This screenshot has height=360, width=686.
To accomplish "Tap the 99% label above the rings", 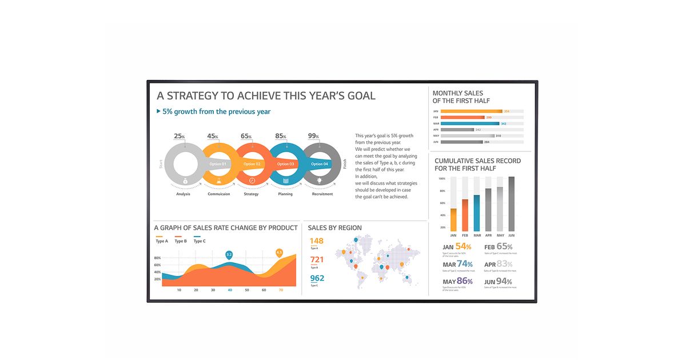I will [x=313, y=136].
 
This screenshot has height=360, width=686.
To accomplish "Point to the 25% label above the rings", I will [x=180, y=136].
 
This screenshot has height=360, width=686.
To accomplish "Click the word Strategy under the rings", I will [x=251, y=194].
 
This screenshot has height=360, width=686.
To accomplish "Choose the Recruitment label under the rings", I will [x=322, y=194].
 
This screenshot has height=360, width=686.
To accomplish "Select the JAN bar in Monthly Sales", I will [x=472, y=111].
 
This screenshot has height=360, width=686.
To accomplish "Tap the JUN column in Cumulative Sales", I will [x=511, y=203].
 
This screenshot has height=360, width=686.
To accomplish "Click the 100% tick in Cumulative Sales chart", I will [x=442, y=178].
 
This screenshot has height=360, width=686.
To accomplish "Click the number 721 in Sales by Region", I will [x=317, y=259].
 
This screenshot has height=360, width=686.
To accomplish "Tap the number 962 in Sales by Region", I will [x=317, y=278].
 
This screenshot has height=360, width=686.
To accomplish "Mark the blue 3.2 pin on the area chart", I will [x=229, y=254].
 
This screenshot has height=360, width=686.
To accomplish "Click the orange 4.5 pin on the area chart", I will [x=279, y=252].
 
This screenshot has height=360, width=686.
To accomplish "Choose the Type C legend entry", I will [x=200, y=241].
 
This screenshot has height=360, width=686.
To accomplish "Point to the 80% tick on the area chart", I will [x=157, y=258].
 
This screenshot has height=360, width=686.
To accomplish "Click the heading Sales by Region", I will [x=334, y=228].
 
